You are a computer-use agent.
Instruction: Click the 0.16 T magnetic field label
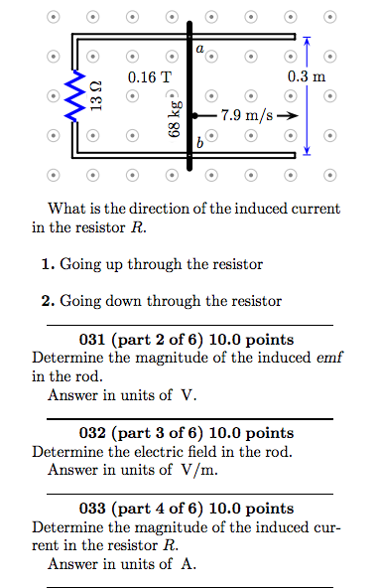[149, 76]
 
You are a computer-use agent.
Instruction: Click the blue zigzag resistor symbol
[72, 99]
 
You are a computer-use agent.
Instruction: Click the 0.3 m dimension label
[306, 76]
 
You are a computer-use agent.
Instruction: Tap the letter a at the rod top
[200, 48]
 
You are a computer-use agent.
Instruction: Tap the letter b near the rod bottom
[200, 144]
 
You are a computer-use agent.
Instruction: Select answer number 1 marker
[49, 265]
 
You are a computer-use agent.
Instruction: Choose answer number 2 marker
[49, 301]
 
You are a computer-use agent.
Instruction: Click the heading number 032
[94, 434]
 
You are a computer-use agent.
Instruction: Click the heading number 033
[94, 509]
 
